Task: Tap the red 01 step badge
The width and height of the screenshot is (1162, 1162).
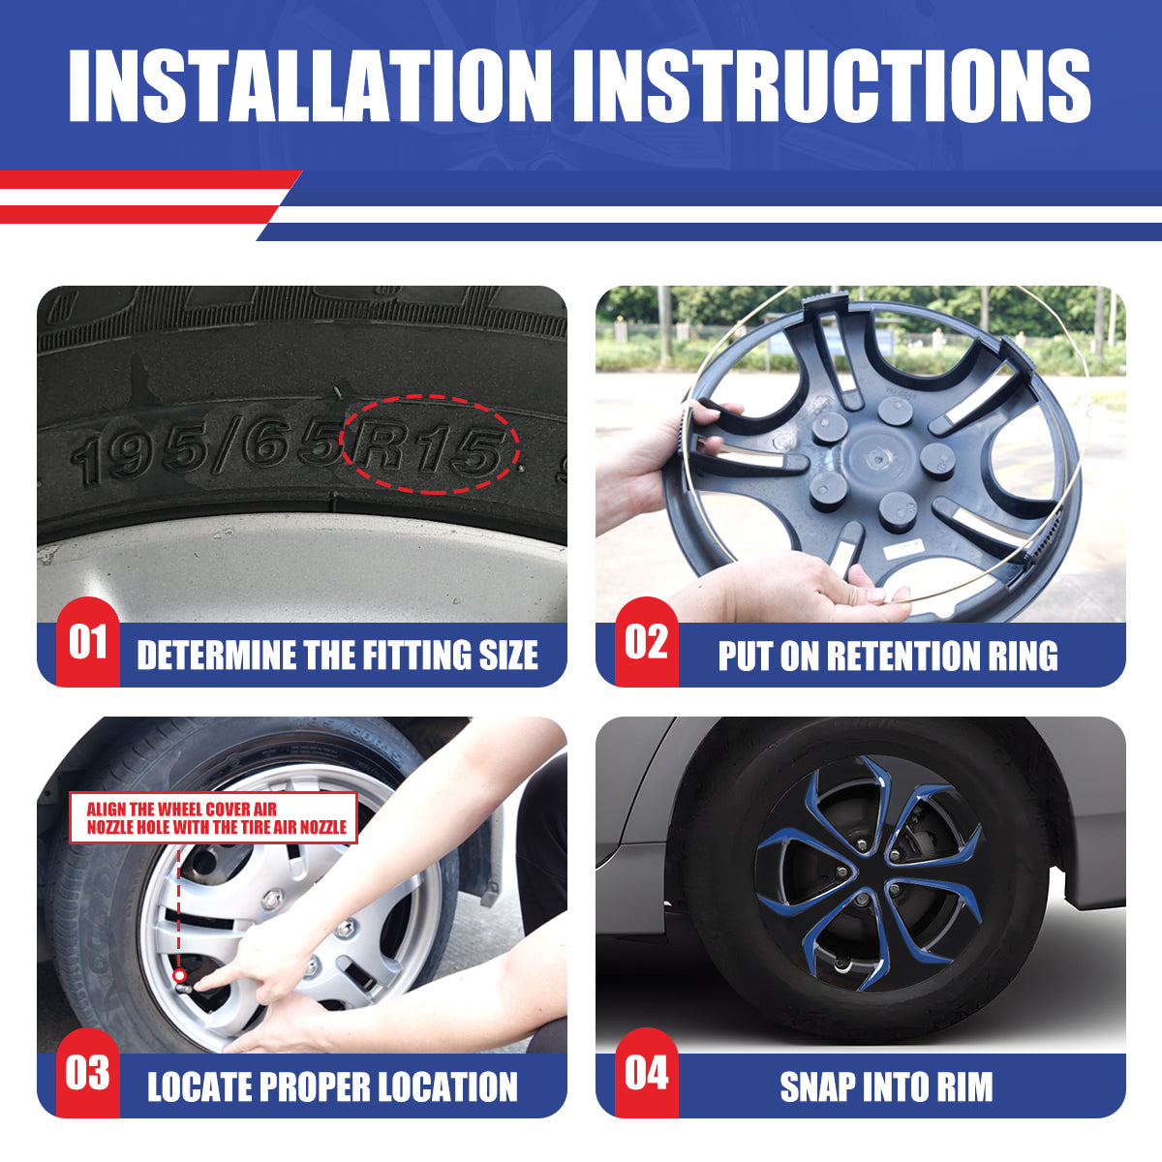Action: click(87, 642)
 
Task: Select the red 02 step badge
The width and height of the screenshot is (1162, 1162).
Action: click(646, 642)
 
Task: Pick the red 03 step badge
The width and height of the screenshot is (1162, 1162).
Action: click(87, 1073)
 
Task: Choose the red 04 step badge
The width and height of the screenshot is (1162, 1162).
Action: click(646, 1073)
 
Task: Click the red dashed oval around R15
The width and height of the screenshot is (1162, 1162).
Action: click(430, 443)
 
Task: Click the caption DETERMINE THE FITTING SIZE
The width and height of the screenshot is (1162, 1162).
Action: click(337, 656)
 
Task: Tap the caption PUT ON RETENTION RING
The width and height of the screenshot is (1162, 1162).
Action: click(888, 656)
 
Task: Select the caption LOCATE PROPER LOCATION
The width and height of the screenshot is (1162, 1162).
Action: click(332, 1086)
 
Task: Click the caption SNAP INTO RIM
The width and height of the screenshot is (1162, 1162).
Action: click(886, 1086)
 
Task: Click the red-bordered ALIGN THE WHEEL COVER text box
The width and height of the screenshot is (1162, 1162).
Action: click(214, 818)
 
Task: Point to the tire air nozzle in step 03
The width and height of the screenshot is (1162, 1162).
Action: click(180, 975)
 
